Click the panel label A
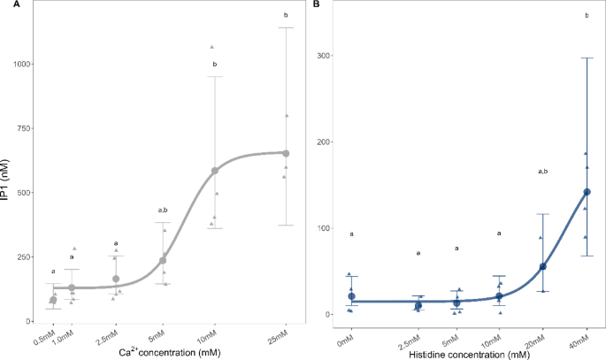[4, 4]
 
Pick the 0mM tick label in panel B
[347, 339]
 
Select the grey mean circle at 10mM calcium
[215, 170]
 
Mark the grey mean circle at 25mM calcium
[286, 153]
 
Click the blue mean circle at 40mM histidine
[587, 192]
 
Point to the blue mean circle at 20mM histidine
[542, 266]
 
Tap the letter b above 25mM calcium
[286, 15]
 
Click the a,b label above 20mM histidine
[542, 171]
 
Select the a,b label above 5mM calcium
[163, 211]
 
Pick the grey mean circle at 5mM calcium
[163, 260]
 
